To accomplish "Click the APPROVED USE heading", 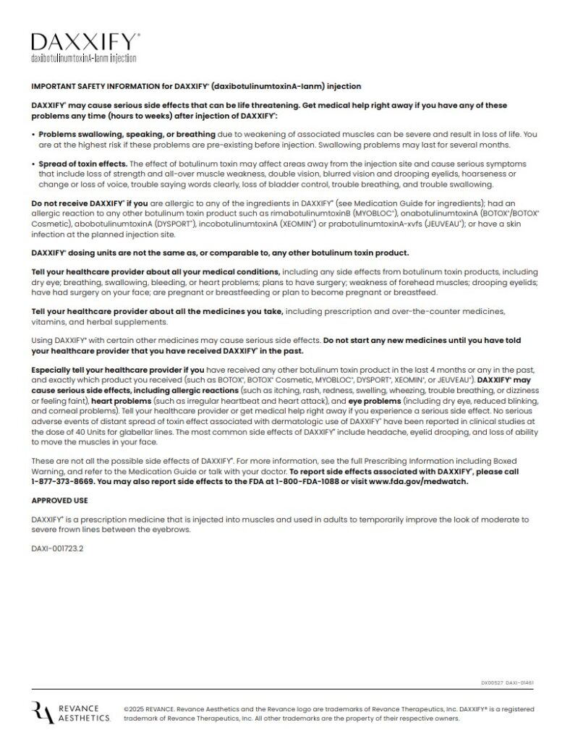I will (x=57, y=500).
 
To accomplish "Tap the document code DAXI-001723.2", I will (x=58, y=549).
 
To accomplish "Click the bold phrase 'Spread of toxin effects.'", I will (x=82, y=164).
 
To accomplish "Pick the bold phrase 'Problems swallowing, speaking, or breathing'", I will (x=127, y=134).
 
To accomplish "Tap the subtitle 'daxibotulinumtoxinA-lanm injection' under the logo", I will (x=83, y=57).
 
